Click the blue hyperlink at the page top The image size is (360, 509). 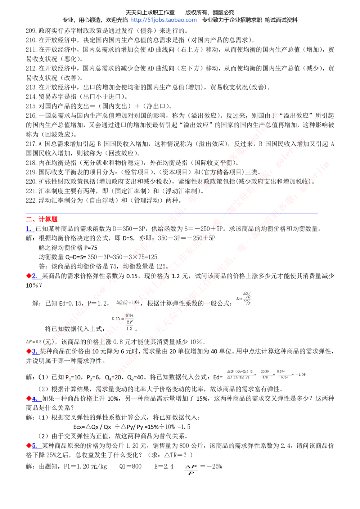point(164,20)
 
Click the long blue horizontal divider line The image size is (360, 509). point(171,213)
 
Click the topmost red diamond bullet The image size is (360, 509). point(29,276)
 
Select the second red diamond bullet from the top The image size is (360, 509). point(29,351)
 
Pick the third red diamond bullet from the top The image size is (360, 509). point(29,398)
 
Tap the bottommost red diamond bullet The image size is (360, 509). point(29,446)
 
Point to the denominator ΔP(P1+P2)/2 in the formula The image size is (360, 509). point(238,377)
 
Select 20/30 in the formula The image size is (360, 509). point(265,371)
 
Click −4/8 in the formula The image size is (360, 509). point(264,377)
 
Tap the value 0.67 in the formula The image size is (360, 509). point(281,371)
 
